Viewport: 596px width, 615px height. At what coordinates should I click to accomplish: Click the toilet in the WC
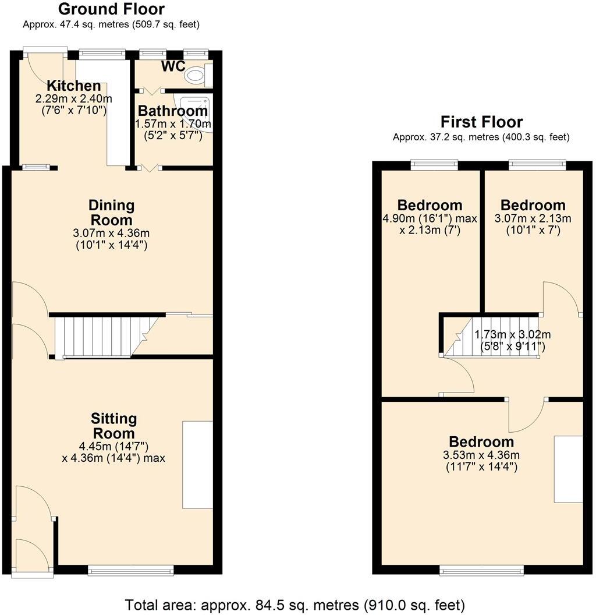click(x=196, y=75)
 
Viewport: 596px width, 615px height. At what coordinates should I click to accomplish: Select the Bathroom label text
click(x=172, y=111)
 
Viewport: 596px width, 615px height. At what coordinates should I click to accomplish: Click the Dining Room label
click(x=111, y=213)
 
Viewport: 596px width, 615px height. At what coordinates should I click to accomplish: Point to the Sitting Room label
click(x=113, y=426)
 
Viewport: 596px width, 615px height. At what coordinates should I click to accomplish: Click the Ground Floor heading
click(x=111, y=9)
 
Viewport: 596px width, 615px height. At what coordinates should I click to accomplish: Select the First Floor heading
click(x=481, y=122)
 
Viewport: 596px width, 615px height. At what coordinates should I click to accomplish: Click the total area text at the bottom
click(x=295, y=604)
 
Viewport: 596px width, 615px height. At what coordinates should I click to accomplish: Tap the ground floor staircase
click(x=99, y=336)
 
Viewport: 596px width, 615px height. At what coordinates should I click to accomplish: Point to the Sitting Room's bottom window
click(x=130, y=570)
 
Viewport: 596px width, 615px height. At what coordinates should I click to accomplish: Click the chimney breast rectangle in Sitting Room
click(x=197, y=465)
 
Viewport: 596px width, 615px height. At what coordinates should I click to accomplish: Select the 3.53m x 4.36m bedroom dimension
click(x=481, y=455)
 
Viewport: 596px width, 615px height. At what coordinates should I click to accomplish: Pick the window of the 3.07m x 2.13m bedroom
click(x=537, y=165)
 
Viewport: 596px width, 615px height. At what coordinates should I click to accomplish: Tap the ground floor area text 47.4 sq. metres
click(x=111, y=24)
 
